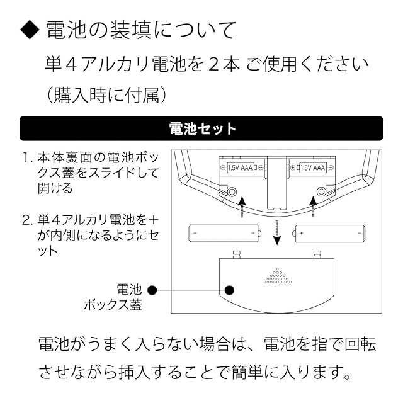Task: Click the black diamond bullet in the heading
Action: click(30, 30)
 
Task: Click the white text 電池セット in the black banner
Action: click(203, 129)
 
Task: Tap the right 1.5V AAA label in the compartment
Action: click(313, 168)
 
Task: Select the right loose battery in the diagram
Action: click(330, 233)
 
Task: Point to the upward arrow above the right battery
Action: click(313, 206)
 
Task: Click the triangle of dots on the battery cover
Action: click(277, 276)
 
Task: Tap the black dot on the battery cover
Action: click(230, 290)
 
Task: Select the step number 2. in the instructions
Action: click(27, 220)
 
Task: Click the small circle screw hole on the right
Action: click(322, 190)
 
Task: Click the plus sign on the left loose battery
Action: click(253, 233)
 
